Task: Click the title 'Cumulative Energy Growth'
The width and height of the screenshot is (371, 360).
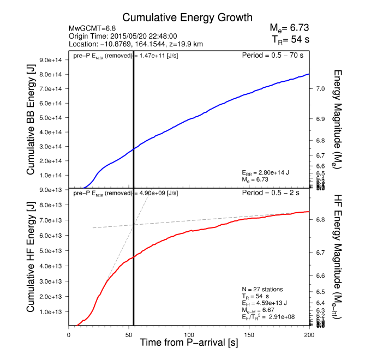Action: [x=181, y=17]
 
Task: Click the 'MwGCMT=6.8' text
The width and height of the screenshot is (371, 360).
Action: [x=91, y=28]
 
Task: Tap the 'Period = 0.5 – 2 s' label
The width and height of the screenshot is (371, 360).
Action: [x=276, y=193]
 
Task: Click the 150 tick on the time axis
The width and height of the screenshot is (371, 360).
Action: [x=249, y=335]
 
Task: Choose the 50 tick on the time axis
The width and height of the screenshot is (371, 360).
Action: [x=129, y=335]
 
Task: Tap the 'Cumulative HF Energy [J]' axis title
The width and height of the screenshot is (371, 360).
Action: [x=32, y=259]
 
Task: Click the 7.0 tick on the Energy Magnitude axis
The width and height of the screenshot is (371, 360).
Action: [x=321, y=88]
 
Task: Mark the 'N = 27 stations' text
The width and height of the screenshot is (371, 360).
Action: [x=263, y=289]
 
